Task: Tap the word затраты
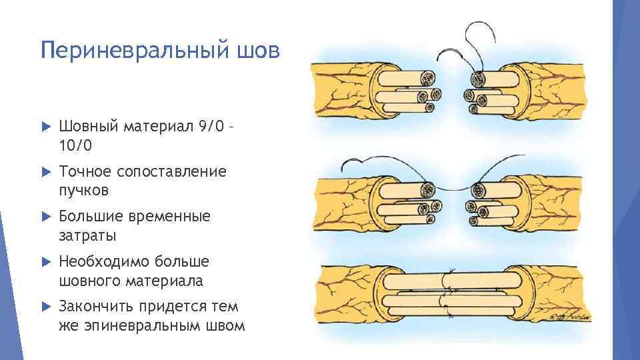point(87,235)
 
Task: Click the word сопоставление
point(171,171)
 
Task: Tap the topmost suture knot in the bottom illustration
point(450,273)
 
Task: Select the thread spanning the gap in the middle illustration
point(453,191)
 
